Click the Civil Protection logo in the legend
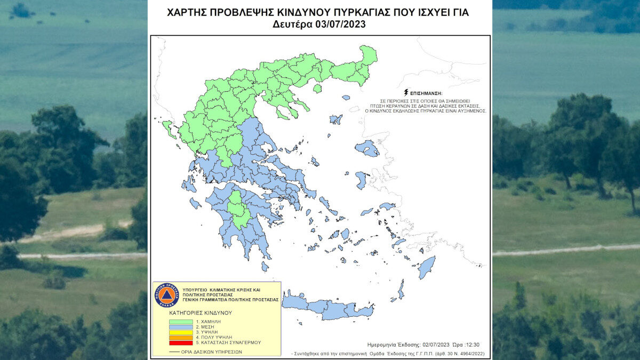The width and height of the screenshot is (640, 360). pos(165,294)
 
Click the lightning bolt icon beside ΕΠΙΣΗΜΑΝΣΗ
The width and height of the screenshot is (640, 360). pos(406,93)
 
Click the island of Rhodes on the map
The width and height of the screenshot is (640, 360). pos(426,267)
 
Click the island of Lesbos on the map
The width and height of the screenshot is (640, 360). pos(367,148)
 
